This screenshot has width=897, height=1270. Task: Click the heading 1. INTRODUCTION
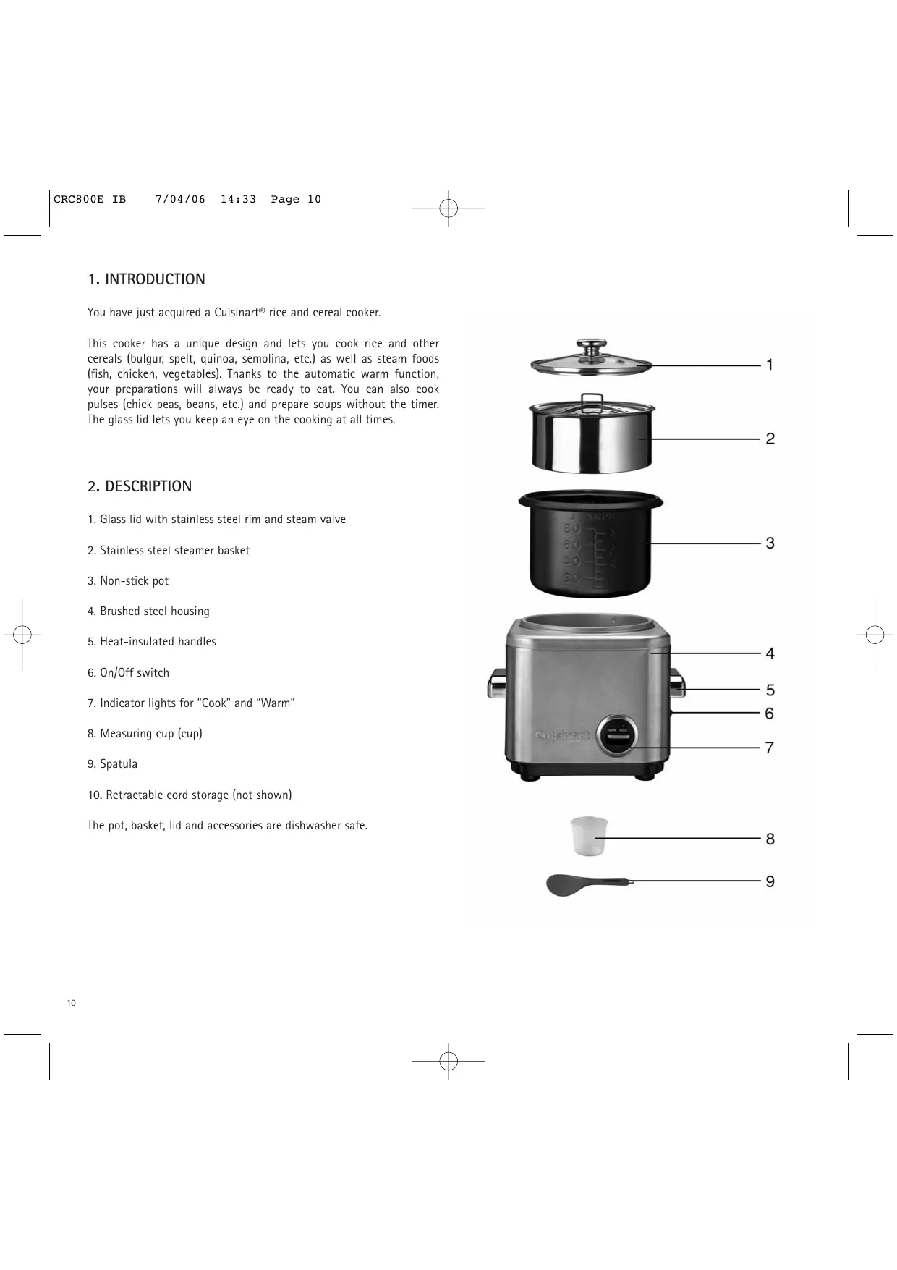pyautogui.click(x=146, y=279)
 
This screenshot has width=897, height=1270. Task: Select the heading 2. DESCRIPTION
pyautogui.click(x=140, y=486)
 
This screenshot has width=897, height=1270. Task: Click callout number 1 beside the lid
pyautogui.click(x=770, y=365)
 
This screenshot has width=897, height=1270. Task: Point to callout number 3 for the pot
pyautogui.click(x=770, y=543)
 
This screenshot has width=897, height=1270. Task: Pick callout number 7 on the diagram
pyautogui.click(x=770, y=748)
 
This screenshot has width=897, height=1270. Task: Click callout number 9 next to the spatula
pyautogui.click(x=770, y=881)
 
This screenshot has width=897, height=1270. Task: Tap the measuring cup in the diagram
pyautogui.click(x=589, y=836)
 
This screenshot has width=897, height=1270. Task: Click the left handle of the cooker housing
pyautogui.click(x=498, y=684)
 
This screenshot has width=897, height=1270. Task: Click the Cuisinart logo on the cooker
pyautogui.click(x=563, y=736)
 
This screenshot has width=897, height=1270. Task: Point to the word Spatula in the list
pyautogui.click(x=119, y=764)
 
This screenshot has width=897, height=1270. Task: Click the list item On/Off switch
pyautogui.click(x=135, y=673)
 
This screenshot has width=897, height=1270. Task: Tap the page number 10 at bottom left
pyautogui.click(x=71, y=1003)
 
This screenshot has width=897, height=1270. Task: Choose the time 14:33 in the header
pyautogui.click(x=238, y=200)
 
